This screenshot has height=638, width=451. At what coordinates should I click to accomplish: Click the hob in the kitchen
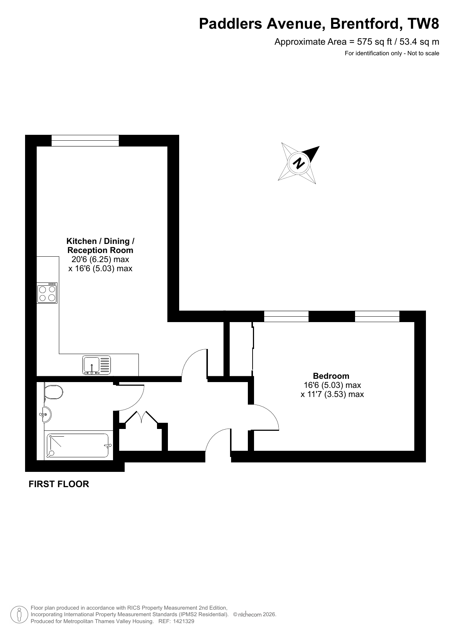(47, 293)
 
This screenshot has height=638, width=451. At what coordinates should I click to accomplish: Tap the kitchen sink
(97, 365)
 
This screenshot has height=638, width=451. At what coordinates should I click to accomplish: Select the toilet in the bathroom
(53, 392)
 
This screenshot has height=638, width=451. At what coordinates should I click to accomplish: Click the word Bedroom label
(331, 376)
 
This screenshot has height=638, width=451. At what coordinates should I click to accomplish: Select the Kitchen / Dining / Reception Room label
(100, 246)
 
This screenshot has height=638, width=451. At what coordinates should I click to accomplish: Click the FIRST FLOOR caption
(59, 484)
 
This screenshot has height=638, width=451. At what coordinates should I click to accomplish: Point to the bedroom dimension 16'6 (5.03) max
(333, 385)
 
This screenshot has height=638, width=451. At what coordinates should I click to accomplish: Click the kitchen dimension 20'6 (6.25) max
(101, 260)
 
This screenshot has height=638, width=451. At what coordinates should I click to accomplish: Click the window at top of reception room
(85, 140)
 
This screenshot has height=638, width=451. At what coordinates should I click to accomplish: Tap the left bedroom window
(286, 316)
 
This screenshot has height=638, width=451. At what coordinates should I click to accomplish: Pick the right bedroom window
(377, 316)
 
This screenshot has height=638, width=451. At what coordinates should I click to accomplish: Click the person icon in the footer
(20, 614)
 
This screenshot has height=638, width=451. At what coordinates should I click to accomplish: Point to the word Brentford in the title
(366, 24)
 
